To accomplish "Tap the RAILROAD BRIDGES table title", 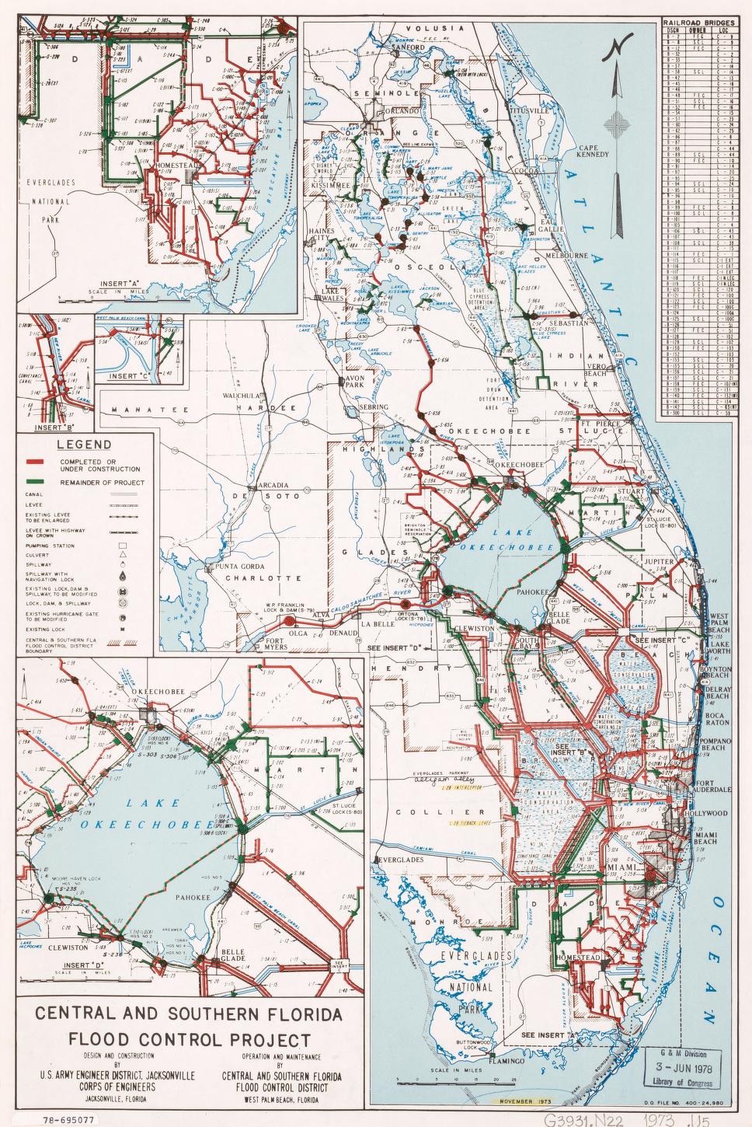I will (698, 23).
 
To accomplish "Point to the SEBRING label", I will (373, 407).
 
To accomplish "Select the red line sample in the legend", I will (33, 465).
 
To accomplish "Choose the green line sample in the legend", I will (33, 483).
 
